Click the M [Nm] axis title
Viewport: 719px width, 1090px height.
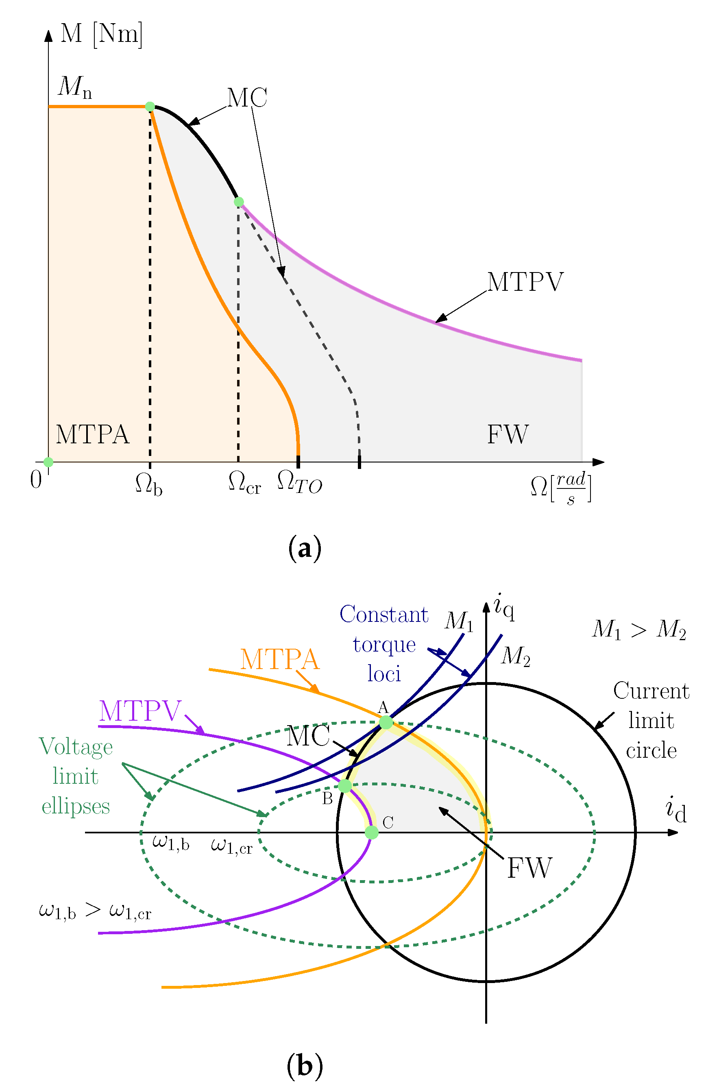pyautogui.click(x=101, y=33)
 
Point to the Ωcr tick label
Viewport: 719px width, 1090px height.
pyautogui.click(x=244, y=483)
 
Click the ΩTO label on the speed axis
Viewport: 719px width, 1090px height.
pyautogui.click(x=299, y=482)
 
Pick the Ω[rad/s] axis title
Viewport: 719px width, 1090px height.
pyautogui.click(x=561, y=488)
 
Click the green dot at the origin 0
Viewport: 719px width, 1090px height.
pyautogui.click(x=48, y=462)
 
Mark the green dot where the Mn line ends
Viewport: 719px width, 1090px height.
pyautogui.click(x=150, y=107)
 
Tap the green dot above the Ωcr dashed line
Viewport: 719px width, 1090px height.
pyautogui.click(x=239, y=202)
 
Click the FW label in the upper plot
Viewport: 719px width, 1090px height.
pyautogui.click(x=508, y=434)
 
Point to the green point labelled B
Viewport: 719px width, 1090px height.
pyautogui.click(x=345, y=786)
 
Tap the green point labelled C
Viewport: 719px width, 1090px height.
pyautogui.click(x=371, y=832)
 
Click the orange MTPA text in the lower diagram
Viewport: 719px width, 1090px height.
pyautogui.click(x=279, y=659)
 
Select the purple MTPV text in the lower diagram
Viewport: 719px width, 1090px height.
pyautogui.click(x=140, y=711)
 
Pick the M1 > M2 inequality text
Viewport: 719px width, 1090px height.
pyautogui.click(x=639, y=629)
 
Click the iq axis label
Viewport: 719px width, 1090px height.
pyautogui.click(x=504, y=608)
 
